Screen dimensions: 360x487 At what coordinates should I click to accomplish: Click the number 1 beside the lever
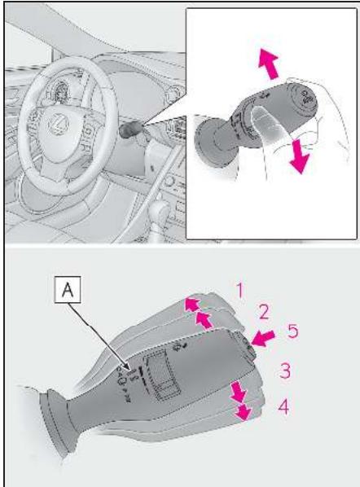point(239,291)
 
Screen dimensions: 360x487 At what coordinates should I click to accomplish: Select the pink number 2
point(264,312)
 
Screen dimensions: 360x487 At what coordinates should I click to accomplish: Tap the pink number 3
point(285,371)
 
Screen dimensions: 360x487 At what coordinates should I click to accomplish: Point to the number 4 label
point(283,406)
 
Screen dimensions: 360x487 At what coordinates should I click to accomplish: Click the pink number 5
point(292,331)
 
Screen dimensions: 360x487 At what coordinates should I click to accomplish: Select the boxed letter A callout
point(68,289)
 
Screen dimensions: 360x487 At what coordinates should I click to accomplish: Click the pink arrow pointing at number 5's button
point(263,338)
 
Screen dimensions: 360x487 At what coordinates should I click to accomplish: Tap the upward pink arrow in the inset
point(269,64)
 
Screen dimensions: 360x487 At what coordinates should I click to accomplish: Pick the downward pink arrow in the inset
point(300,156)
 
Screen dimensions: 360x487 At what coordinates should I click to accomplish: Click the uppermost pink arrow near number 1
point(193,304)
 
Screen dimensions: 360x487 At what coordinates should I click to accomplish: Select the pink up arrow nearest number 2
point(204,320)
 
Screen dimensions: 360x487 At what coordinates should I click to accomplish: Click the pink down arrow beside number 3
point(239,393)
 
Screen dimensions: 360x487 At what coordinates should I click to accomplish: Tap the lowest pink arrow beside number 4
point(243,411)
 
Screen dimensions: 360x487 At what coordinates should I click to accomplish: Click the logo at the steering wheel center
point(58,124)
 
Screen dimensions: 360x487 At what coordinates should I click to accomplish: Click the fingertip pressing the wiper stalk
point(260,116)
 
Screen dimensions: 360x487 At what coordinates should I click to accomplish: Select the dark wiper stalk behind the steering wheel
point(130,129)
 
